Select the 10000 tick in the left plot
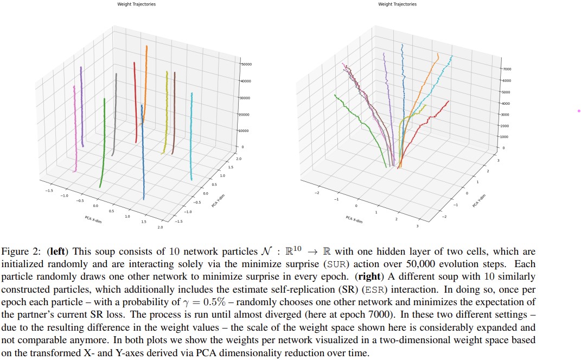[x=246, y=131]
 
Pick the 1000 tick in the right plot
[x=505, y=137]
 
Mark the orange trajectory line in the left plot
[x=145, y=81]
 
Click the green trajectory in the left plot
[x=103, y=147]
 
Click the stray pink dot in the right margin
[x=579, y=111]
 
